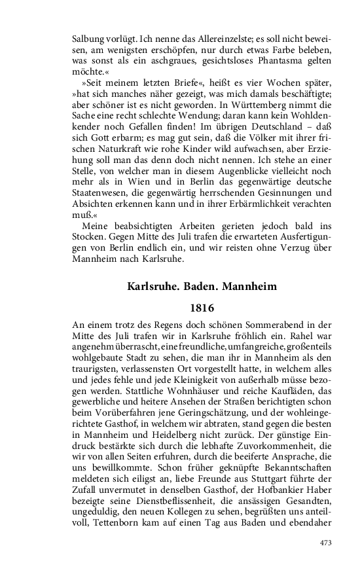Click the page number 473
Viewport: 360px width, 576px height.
tap(325, 543)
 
